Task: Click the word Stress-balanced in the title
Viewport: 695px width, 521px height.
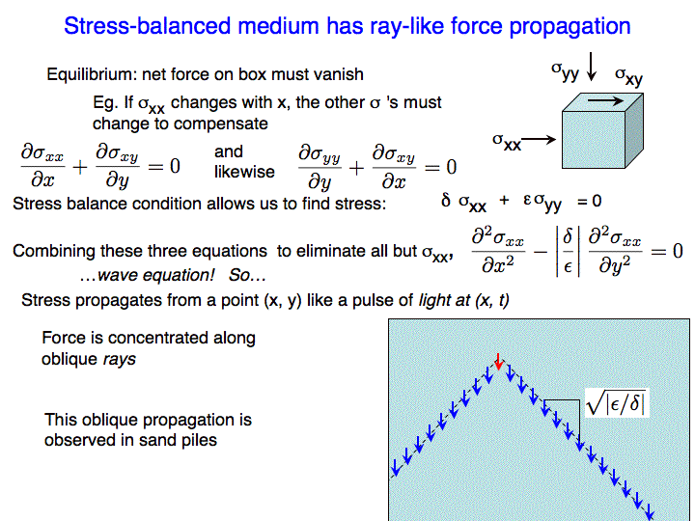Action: [x=148, y=26]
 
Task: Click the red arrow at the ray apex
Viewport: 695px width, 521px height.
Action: [x=499, y=362]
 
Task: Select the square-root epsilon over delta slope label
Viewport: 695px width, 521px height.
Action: [x=616, y=402]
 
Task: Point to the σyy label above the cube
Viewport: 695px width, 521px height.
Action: [x=565, y=71]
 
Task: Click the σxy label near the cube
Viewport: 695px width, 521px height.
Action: [x=628, y=76]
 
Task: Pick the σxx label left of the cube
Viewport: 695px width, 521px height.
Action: [x=507, y=142]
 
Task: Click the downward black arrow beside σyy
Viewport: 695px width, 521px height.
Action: [x=591, y=67]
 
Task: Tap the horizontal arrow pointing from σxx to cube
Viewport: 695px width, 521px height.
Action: [x=538, y=140]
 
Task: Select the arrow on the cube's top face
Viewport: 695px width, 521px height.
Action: [x=605, y=101]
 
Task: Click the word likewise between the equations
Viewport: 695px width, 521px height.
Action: [x=244, y=172]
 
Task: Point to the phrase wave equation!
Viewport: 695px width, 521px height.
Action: [x=156, y=275]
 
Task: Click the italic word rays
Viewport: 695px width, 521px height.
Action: [x=120, y=359]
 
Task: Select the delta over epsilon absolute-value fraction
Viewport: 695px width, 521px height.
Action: [x=568, y=252]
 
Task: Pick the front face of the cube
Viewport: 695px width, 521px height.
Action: [x=594, y=140]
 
